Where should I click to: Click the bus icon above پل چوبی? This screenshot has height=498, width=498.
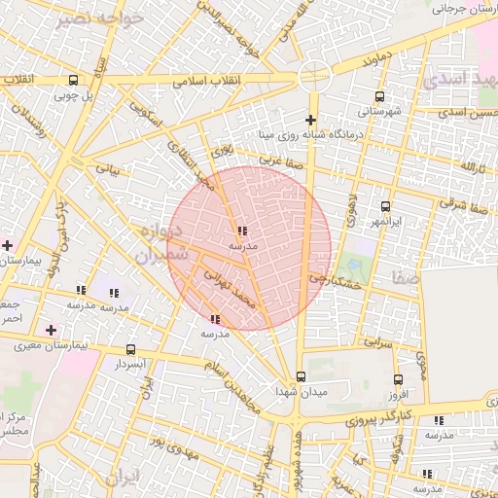tap(73, 80)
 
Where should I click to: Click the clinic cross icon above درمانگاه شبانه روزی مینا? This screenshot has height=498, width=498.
tap(310, 119)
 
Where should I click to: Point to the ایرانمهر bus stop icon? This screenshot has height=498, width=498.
tap(385, 206)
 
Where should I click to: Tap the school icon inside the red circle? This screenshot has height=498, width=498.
tap(241, 231)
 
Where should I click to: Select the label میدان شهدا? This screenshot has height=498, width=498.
tap(298, 391)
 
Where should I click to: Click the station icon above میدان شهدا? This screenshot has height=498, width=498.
tap(300, 376)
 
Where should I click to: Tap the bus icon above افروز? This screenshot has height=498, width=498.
tap(397, 380)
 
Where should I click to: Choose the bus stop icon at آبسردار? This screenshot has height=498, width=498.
tap(130, 349)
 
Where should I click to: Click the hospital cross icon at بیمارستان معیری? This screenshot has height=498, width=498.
tap(51, 331)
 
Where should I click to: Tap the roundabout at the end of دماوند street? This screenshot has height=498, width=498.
tap(314, 73)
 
